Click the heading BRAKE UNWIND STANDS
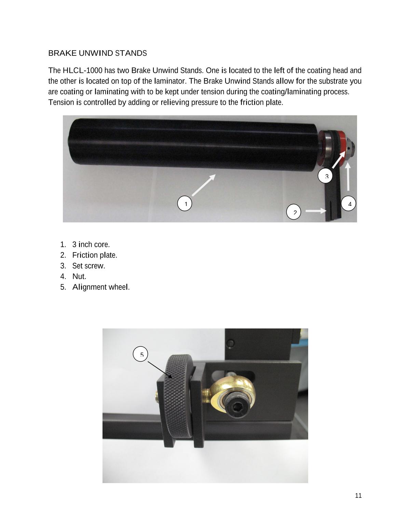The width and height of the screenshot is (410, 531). coord(97,53)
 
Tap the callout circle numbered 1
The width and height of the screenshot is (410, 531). coord(184,203)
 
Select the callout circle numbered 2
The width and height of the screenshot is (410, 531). coord(293,212)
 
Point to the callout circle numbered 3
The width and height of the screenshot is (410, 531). coord(325,176)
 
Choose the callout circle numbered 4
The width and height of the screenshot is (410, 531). coord(348,203)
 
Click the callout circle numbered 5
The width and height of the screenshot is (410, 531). coord(140,354)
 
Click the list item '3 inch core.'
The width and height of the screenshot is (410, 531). coord(91,244)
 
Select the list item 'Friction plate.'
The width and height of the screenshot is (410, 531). coord(95,255)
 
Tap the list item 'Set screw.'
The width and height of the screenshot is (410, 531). coord(88,266)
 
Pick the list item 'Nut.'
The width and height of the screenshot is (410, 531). coord(79,276)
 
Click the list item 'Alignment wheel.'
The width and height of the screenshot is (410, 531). coord(101,287)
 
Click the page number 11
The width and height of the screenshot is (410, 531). coord(358,495)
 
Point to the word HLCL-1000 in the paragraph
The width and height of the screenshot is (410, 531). coord(82,70)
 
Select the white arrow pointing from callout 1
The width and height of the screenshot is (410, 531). coord(204,185)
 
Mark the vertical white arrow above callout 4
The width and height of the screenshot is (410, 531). coord(348,177)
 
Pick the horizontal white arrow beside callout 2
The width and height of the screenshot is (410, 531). coord(316,211)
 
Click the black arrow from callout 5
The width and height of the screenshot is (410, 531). coord(160,370)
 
